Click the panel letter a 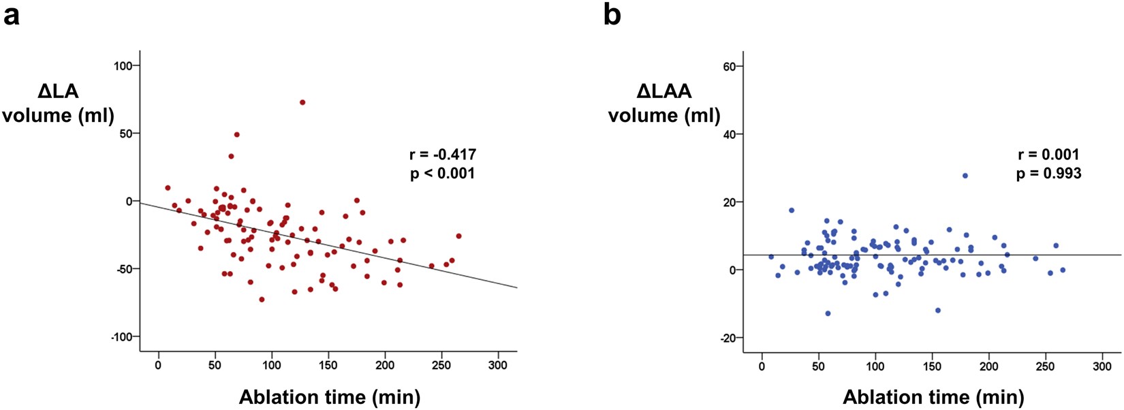[x=12, y=15]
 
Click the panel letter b [x=612, y=15]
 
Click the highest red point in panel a [x=302, y=102]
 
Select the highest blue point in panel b [x=965, y=176]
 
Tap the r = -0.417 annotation [x=443, y=155]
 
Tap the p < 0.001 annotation [x=443, y=174]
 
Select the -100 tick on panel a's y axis [x=123, y=337]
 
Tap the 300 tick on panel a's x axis [x=498, y=366]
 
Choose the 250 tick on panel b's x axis [x=1045, y=366]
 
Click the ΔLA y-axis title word [x=58, y=91]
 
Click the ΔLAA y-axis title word [x=664, y=91]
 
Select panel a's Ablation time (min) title [x=329, y=397]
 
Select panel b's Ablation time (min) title [x=933, y=397]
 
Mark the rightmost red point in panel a [x=458, y=236]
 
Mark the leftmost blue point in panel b [x=771, y=257]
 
